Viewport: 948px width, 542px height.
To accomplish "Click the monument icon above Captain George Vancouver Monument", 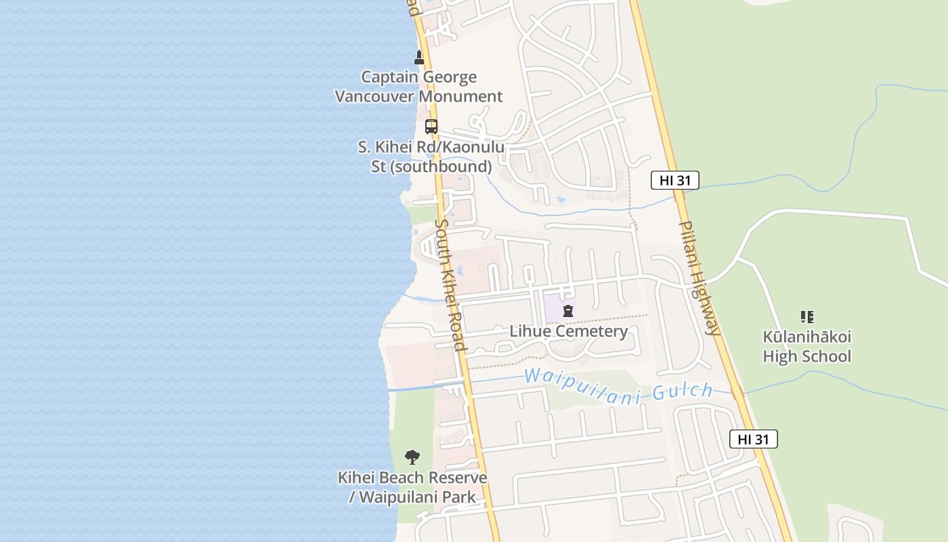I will [x=419, y=58].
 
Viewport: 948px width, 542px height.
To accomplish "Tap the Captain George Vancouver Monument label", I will [x=419, y=87].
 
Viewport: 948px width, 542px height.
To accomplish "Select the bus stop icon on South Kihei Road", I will [x=431, y=126].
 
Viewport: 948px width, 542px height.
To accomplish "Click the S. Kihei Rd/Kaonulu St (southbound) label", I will [x=431, y=157].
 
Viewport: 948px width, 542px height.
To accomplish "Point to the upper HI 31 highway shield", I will [x=674, y=180].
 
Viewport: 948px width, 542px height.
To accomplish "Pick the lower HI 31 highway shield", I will [x=753, y=439].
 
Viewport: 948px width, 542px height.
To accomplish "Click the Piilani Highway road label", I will [x=699, y=278].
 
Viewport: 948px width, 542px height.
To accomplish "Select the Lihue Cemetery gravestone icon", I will [x=568, y=311].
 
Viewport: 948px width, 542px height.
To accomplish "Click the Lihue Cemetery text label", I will [x=568, y=331].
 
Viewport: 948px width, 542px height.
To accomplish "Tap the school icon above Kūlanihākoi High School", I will [x=806, y=316].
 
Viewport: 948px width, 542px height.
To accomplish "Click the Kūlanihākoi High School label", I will [x=806, y=346].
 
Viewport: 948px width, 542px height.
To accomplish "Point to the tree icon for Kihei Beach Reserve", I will [x=412, y=457].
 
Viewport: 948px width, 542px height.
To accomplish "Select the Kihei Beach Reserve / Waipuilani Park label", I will [x=412, y=487].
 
